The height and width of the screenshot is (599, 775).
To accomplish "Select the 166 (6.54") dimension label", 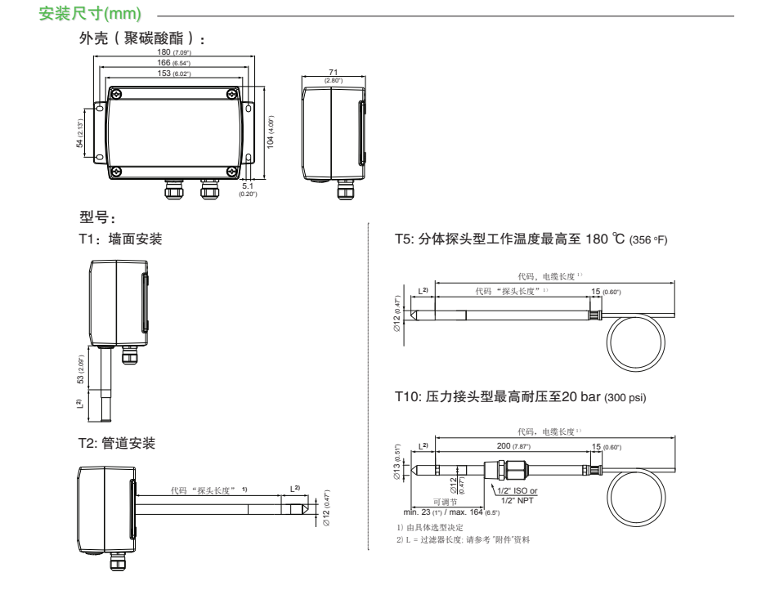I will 173,63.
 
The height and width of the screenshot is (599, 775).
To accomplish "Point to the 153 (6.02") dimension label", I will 173,73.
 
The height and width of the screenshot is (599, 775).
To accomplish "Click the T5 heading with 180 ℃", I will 531,239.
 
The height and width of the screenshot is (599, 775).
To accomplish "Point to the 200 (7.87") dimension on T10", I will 513,447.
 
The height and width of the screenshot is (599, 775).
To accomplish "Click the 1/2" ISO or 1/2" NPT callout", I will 517,495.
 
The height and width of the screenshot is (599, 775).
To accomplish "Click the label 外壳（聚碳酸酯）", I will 141,39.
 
